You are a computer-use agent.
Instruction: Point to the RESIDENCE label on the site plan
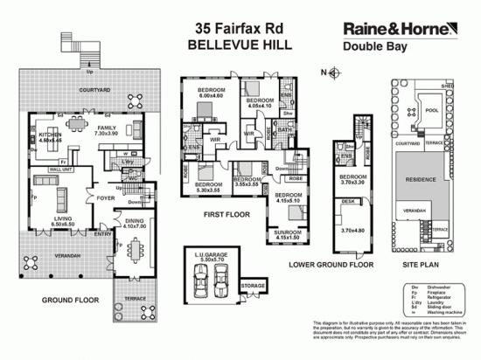pos(423,178)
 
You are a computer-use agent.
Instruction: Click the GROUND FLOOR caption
pos(66,299)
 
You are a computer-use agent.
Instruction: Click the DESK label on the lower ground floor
pos(349,200)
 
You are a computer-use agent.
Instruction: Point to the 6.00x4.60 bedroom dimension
pos(212,95)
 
